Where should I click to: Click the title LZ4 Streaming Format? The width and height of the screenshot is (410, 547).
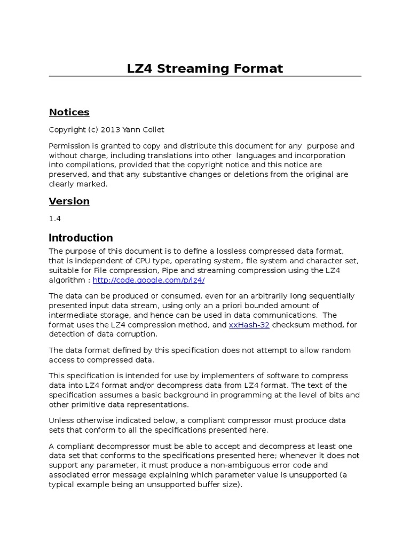click(x=205, y=68)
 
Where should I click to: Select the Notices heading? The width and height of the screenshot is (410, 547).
click(x=69, y=112)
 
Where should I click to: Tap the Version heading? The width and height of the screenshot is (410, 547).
click(x=69, y=201)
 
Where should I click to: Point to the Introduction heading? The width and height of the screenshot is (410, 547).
click(x=81, y=238)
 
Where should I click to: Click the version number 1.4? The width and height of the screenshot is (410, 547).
click(x=54, y=219)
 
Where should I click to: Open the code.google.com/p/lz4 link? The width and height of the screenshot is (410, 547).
click(x=148, y=280)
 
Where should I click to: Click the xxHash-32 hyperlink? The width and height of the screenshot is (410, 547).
click(x=249, y=325)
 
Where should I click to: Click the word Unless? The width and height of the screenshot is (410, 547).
click(x=61, y=420)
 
